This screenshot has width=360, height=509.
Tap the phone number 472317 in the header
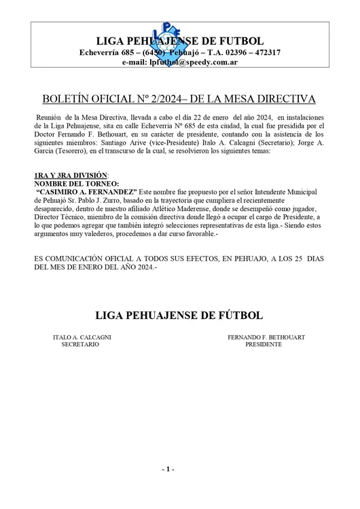tap(258, 52)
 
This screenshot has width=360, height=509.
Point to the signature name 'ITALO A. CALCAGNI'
tap(82, 337)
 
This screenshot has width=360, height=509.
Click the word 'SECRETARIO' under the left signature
tap(81, 345)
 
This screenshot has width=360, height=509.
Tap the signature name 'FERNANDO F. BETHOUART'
tap(265, 337)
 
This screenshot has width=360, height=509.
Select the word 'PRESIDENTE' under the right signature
tap(264, 345)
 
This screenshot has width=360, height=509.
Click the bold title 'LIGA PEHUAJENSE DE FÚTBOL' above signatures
tap(179, 316)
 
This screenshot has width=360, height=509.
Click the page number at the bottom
tap(169, 470)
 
